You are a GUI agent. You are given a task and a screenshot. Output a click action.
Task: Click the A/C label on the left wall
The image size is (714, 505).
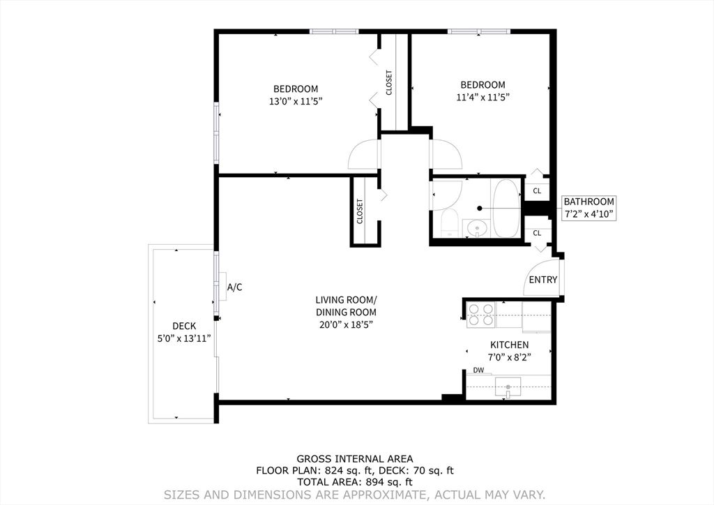(235, 287)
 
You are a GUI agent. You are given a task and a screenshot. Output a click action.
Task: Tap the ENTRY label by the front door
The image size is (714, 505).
(543, 280)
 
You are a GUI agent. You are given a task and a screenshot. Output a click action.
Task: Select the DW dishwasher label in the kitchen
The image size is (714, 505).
(478, 370)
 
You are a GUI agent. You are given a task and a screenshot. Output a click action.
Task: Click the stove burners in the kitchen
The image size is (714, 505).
(480, 315)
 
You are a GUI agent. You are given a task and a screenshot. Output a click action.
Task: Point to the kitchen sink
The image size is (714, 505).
(508, 386)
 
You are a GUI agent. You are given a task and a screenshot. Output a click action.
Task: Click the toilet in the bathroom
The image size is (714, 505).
(448, 223)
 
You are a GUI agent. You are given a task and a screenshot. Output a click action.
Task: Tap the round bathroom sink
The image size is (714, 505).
(476, 227)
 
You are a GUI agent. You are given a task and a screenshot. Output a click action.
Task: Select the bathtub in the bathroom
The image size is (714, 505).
(506, 208)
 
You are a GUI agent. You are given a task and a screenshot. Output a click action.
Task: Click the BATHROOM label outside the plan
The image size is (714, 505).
(589, 202)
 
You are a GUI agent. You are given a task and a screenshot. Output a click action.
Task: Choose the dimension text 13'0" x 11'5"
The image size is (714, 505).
(296, 101)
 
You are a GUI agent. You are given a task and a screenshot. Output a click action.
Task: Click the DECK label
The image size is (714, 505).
(184, 326)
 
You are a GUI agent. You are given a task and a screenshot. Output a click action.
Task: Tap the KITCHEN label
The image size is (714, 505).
(509, 345)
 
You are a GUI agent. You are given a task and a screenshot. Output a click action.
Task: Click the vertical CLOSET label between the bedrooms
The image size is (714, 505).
(389, 82)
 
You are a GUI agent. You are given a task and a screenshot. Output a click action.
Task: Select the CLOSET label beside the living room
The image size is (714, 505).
(360, 211)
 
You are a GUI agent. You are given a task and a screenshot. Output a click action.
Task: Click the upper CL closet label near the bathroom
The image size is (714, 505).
(537, 190)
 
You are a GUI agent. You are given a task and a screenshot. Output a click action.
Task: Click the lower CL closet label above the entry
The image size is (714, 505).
(537, 233)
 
